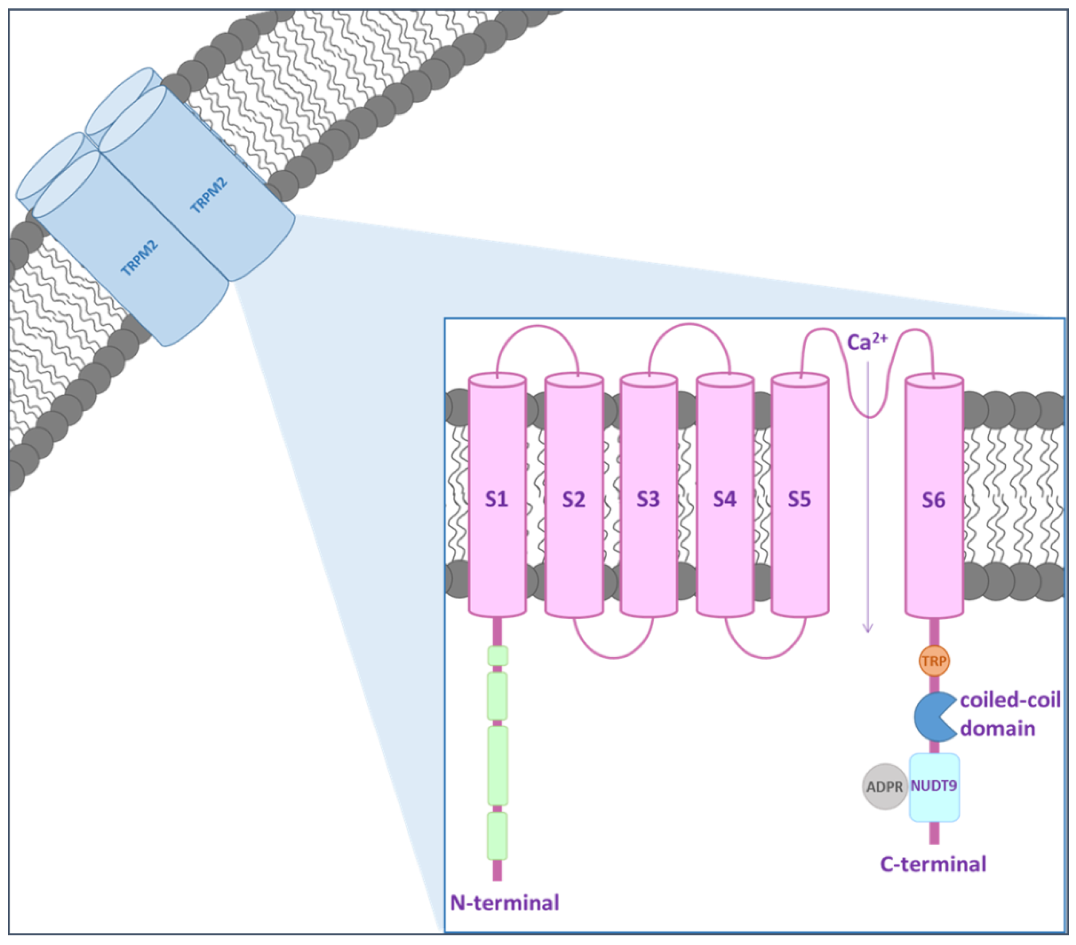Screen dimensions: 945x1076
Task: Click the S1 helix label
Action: (497, 499)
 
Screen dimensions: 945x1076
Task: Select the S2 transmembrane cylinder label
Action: (573, 499)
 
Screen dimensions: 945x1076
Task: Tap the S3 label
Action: (648, 499)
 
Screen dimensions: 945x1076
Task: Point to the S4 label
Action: (724, 499)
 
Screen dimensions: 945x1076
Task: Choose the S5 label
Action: (799, 499)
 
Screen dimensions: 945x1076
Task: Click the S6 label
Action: (933, 500)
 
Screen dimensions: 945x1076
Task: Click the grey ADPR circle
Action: (885, 786)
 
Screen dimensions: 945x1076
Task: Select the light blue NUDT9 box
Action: (934, 788)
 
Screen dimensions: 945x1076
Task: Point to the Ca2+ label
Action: (866, 342)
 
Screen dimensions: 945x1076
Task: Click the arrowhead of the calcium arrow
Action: (868, 629)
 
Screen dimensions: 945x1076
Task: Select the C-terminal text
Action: (933, 864)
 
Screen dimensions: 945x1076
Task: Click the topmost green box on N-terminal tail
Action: (497, 656)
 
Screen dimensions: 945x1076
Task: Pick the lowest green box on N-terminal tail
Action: (497, 836)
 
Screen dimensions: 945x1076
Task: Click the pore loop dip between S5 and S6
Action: (869, 415)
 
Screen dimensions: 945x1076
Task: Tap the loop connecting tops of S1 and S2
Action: (537, 327)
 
